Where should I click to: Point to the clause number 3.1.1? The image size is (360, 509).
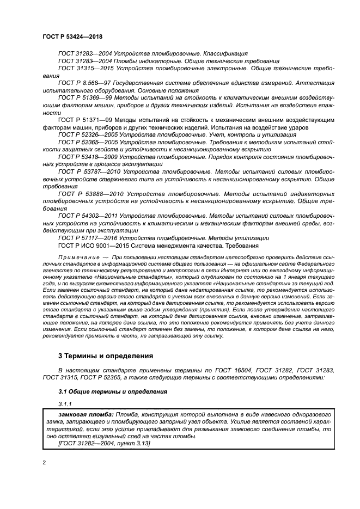pyautogui.click(x=65, y=404)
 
